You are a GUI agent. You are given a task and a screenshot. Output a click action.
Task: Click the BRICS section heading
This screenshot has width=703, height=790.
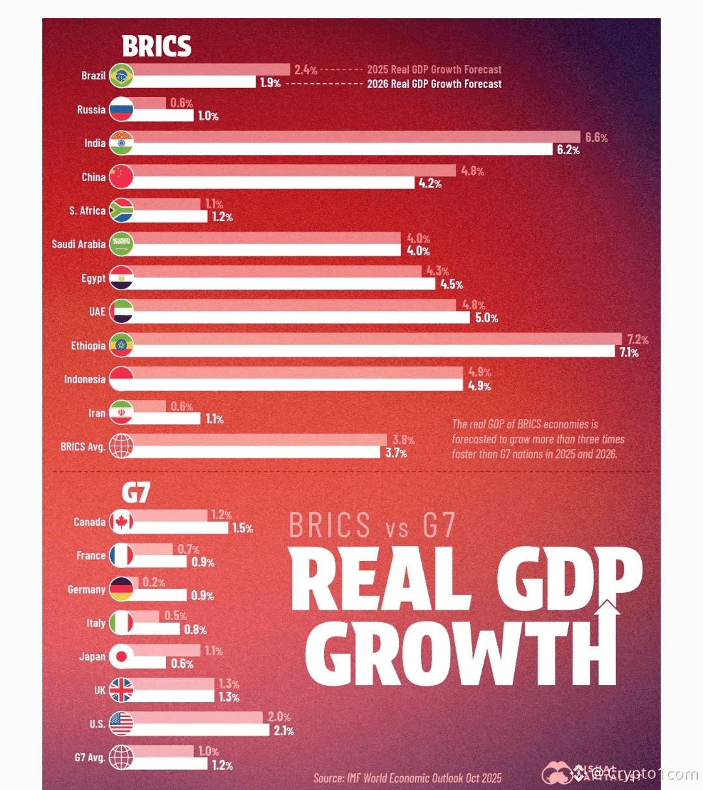pos(156,46)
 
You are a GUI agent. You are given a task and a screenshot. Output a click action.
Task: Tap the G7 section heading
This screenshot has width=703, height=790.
pos(135,493)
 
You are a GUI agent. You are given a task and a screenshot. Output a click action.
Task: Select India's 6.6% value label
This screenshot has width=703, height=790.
pos(596,137)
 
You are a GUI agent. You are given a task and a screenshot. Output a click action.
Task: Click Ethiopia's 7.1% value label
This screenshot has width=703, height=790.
pos(629,353)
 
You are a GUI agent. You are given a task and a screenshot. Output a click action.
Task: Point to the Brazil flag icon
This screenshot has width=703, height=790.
pos(121,75)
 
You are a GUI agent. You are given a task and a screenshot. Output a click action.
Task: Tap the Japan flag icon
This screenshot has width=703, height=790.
pos(121,657)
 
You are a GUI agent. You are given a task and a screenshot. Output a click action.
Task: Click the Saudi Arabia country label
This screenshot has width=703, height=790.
pos(78,244)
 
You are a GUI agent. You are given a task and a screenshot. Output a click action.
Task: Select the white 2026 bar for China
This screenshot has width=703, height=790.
pos(273,183)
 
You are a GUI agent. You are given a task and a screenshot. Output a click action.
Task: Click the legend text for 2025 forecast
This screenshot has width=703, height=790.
pos(434,70)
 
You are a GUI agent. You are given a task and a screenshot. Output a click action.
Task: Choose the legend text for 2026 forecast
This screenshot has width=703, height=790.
pos(434,84)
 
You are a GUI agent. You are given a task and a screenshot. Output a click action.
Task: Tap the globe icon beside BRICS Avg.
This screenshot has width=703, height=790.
pos(121,446)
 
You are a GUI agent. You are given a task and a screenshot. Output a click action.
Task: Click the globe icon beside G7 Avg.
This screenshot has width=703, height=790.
pos(121,757)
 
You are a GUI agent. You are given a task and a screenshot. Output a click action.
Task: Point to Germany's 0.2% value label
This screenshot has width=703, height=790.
pos(154,582)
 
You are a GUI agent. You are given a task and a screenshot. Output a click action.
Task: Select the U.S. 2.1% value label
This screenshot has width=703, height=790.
pos(284,731)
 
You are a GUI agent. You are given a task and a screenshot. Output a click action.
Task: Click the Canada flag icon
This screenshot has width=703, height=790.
pos(121,522)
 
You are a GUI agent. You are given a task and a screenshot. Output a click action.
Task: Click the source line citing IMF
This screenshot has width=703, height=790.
pos(407,778)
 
